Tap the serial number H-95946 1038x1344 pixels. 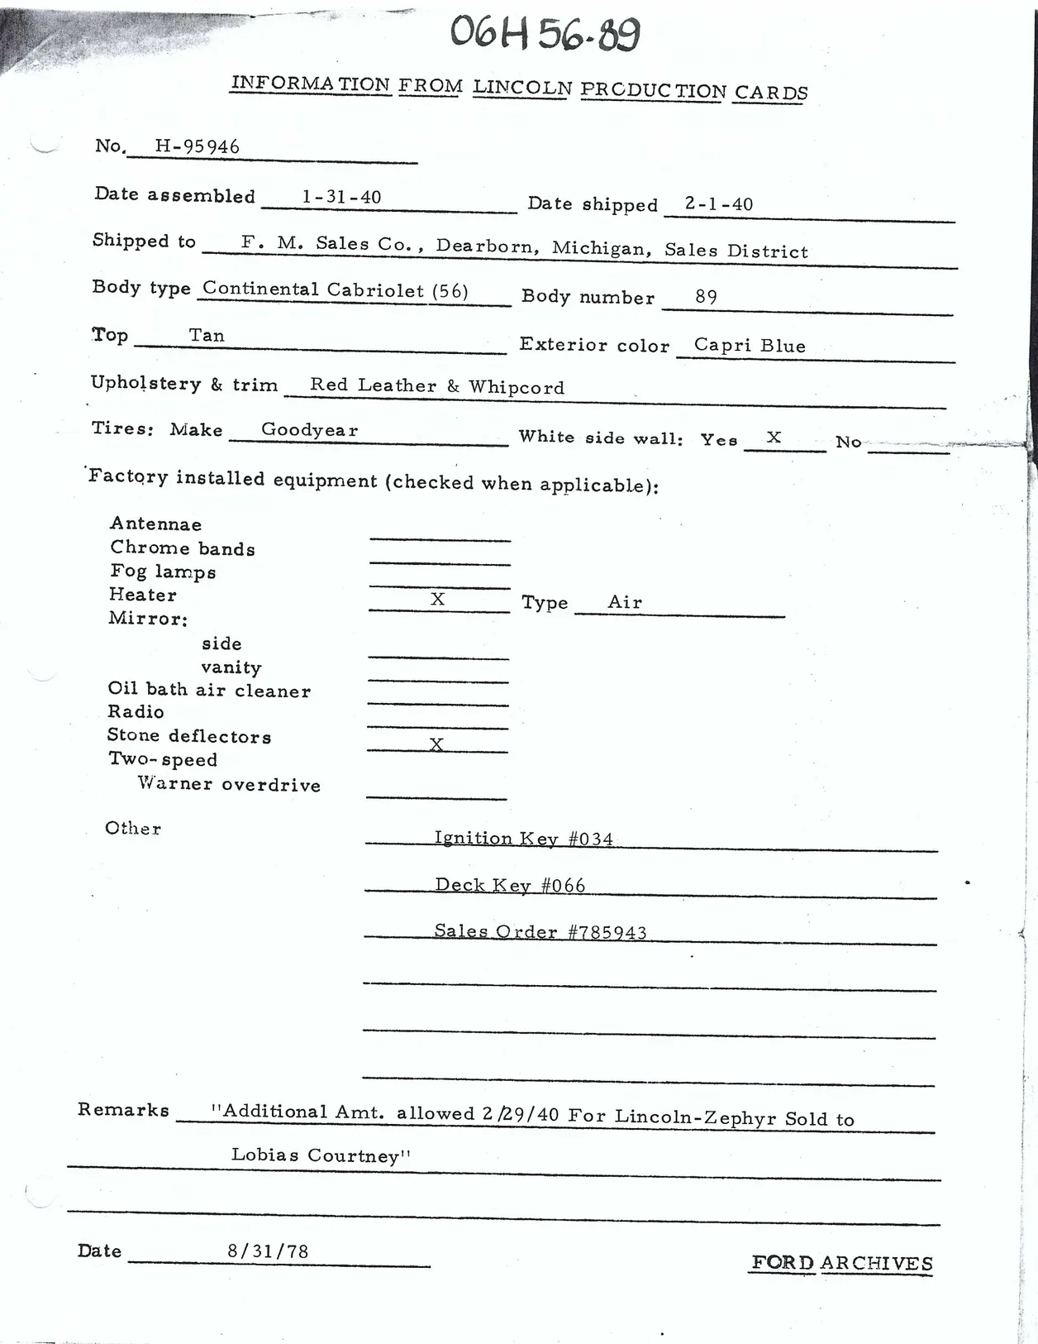click(197, 146)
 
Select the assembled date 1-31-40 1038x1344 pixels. click(341, 197)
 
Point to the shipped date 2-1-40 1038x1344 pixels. click(718, 203)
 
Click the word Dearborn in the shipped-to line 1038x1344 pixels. click(488, 246)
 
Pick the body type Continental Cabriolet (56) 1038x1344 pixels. click(335, 289)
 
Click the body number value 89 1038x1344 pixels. click(706, 296)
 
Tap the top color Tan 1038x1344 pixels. click(207, 335)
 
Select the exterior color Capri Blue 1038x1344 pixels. click(750, 345)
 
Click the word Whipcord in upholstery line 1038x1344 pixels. click(517, 387)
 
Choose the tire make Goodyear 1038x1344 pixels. click(309, 429)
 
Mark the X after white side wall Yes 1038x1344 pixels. click(774, 437)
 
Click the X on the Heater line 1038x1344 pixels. click(438, 599)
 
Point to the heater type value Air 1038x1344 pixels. click(625, 602)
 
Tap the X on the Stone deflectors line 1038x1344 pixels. click(436, 744)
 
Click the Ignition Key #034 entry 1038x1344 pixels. click(524, 839)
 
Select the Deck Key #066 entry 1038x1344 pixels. click(510, 885)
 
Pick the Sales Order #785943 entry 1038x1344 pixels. click(540, 931)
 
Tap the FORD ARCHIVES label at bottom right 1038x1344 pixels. click(841, 1263)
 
